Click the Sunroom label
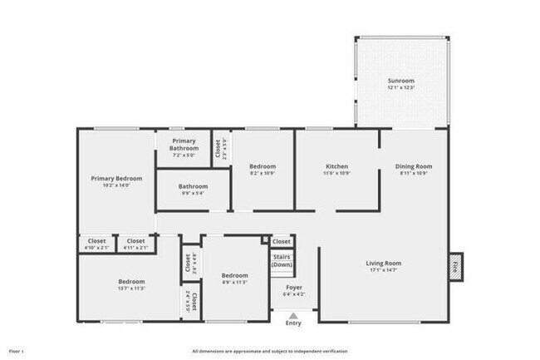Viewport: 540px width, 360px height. [x=401, y=81]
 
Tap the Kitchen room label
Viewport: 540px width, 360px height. [x=336, y=166]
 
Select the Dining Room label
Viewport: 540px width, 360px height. [x=413, y=166]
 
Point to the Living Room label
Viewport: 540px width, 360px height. [x=384, y=264]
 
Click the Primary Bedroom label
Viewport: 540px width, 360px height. [x=116, y=178]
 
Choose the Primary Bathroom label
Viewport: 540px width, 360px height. [x=184, y=145]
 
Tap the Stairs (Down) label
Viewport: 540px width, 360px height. [x=282, y=261]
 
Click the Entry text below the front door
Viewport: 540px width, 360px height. [x=293, y=323]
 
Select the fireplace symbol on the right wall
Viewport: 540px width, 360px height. [x=454, y=266]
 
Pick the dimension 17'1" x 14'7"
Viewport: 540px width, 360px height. [x=384, y=270]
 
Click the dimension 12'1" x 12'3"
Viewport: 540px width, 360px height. [x=401, y=87]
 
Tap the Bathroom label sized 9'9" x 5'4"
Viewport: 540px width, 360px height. [x=193, y=186]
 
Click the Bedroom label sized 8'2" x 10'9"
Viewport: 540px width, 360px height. [x=263, y=166]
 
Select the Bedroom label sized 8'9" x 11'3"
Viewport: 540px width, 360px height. [x=234, y=275]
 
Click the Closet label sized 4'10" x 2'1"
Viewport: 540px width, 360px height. [x=97, y=241]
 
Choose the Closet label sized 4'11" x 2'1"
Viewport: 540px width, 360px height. [x=135, y=241]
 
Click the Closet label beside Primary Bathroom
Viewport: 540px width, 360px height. [x=218, y=149]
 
